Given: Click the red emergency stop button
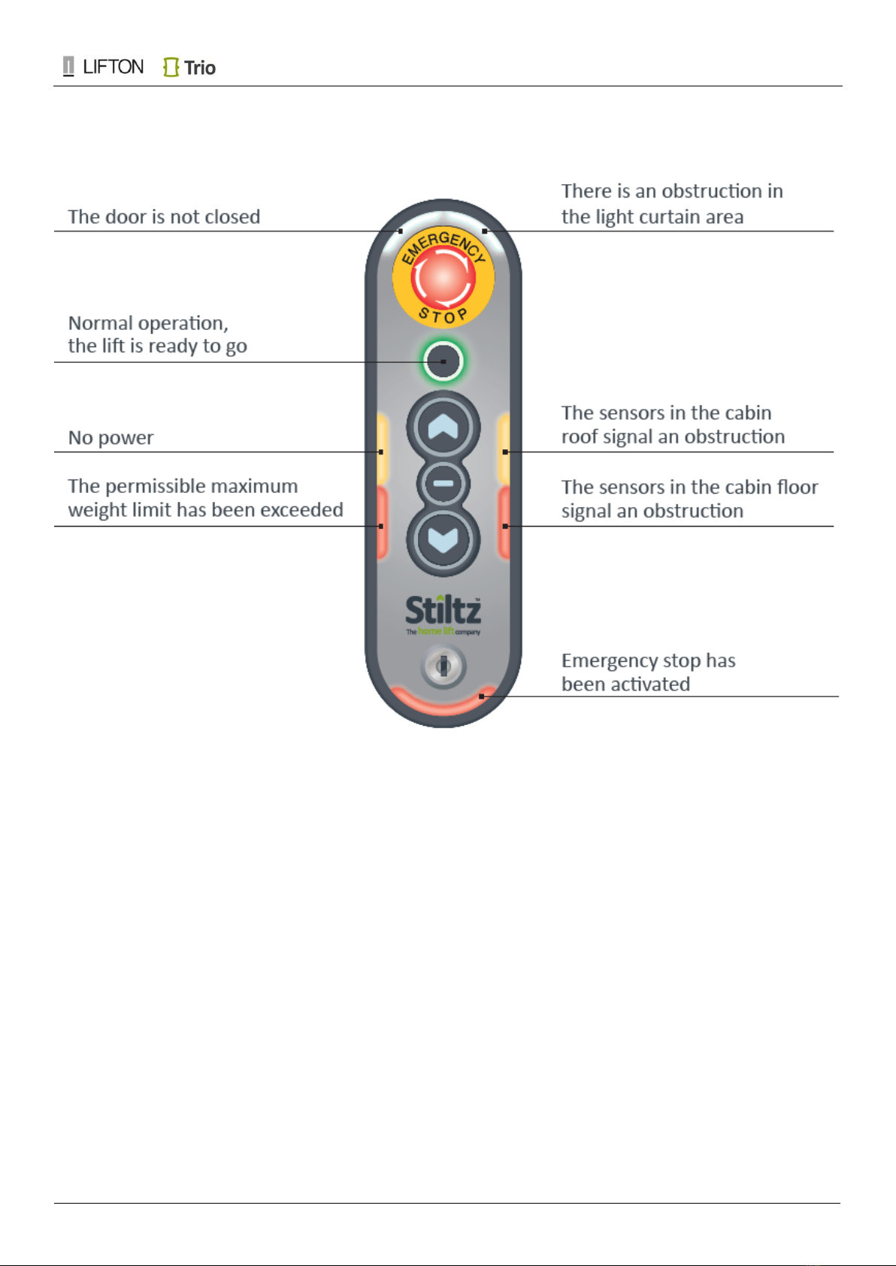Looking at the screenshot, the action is click(443, 277).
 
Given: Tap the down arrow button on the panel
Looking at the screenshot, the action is click(443, 540).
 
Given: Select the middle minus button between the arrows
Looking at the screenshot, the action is click(443, 484).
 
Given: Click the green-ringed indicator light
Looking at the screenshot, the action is click(443, 361).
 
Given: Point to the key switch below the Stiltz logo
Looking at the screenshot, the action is click(443, 666).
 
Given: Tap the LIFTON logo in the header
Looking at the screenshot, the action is click(103, 67).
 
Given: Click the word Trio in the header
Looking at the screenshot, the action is click(199, 68).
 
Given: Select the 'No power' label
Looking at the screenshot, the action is click(110, 437).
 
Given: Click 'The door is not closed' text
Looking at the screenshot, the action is click(164, 216).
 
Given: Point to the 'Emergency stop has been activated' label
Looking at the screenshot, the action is click(649, 672).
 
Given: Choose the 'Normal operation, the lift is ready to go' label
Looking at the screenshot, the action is click(158, 334).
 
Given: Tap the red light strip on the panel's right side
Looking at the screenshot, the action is click(504, 524).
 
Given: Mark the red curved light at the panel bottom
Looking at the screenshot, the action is click(443, 703).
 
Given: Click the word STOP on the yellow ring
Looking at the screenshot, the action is click(443, 316).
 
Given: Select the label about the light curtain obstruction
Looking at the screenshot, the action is click(672, 204).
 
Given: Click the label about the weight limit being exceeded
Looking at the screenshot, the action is click(206, 498).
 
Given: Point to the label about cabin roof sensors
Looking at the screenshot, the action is click(673, 425).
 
